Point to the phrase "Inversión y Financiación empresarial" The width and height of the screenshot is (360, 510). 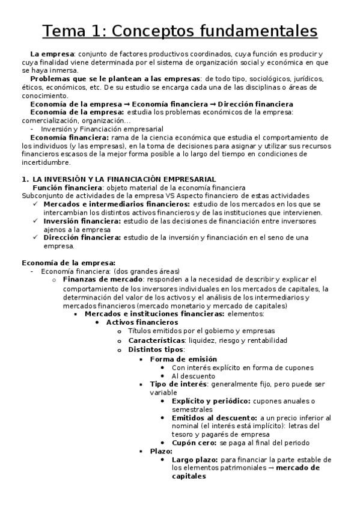[102, 129]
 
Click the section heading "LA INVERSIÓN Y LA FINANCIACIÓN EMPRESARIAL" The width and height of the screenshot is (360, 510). [124, 179]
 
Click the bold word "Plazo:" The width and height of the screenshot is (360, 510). [161, 451]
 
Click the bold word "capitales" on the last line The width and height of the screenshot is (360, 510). [189, 476]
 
